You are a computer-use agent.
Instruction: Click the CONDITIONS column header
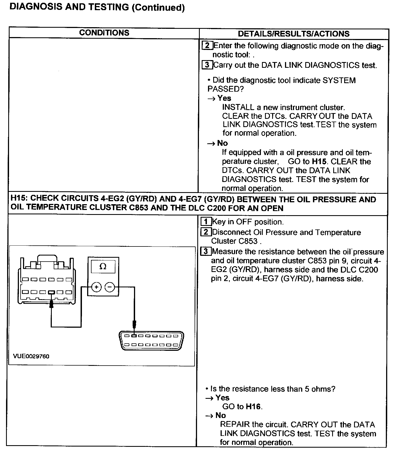coord(104,33)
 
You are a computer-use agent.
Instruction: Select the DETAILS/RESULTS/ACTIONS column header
coord(293,34)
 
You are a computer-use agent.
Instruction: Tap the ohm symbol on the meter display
coord(103,266)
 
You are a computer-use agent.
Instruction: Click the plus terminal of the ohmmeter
coord(96,287)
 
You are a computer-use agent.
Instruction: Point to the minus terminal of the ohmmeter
coord(110,287)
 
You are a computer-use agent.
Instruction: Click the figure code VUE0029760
coord(31,356)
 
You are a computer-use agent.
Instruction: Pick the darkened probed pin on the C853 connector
coord(51,292)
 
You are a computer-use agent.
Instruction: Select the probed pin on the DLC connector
coord(134,336)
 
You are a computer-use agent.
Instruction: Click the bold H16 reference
coord(253,406)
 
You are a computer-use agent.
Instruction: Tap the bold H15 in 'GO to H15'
coord(319,161)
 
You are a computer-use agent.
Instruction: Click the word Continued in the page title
coord(158,7)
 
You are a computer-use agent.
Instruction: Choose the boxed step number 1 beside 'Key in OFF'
coord(206,221)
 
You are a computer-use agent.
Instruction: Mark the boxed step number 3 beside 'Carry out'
coord(207,65)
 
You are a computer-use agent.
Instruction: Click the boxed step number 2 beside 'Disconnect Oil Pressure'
coord(206,232)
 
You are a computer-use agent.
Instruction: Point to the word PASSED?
coord(226,89)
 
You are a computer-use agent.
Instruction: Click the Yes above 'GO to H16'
coord(222,397)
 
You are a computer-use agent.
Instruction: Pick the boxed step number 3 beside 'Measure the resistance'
coord(206,251)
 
